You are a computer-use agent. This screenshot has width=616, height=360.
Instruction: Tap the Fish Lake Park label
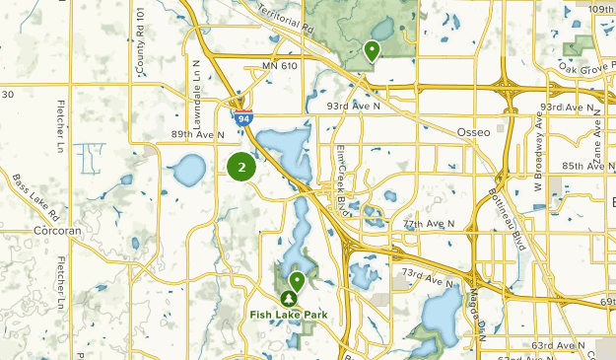pyautogui.click(x=288, y=316)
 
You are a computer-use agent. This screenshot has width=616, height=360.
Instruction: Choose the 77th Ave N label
pyautogui.click(x=429, y=224)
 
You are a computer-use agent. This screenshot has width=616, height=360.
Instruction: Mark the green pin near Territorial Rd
pyautogui.click(x=373, y=50)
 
